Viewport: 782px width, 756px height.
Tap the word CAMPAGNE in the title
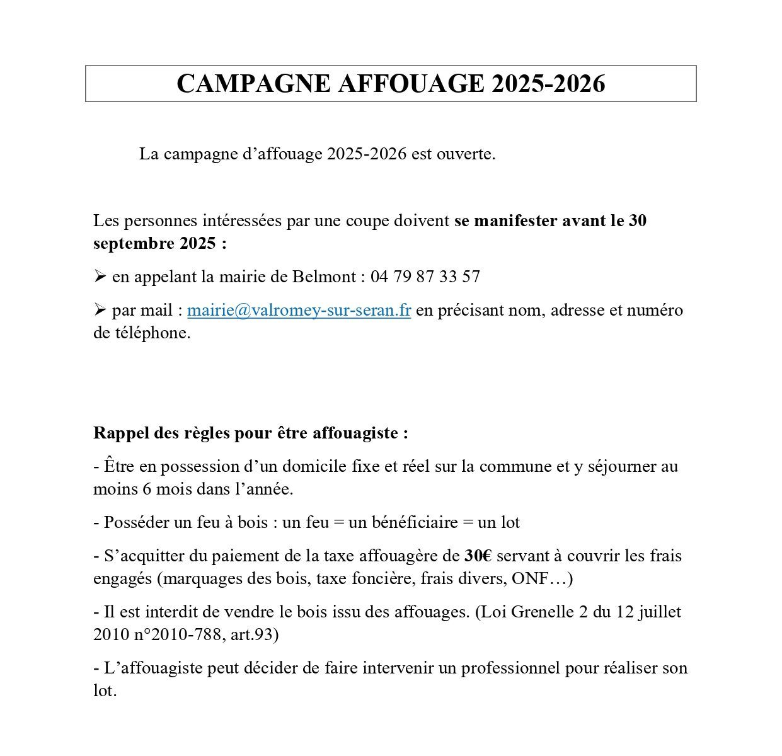tap(253, 84)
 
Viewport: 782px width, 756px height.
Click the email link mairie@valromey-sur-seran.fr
tap(299, 311)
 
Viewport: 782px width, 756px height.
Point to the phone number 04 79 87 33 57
tap(425, 277)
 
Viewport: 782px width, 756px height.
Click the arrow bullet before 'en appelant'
tap(100, 277)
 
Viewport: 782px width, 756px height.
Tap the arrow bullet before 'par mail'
tap(100, 310)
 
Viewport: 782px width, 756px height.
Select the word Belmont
tap(325, 277)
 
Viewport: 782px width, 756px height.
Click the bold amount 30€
tap(478, 556)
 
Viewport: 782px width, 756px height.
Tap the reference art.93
tap(255, 635)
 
